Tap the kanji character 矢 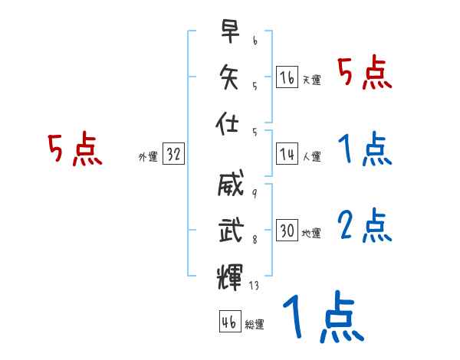pyautogui.click(x=229, y=77)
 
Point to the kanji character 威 pyautogui.click(x=229, y=185)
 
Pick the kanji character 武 pyautogui.click(x=229, y=229)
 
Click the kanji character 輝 pyautogui.click(x=229, y=274)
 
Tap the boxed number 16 pyautogui.click(x=287, y=77)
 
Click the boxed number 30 pyautogui.click(x=287, y=231)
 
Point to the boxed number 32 pyautogui.click(x=173, y=155)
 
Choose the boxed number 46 pyautogui.click(x=228, y=322)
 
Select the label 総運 pyautogui.click(x=254, y=325)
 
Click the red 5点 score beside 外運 pyautogui.click(x=74, y=150)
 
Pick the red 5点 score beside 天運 pyautogui.click(x=365, y=75)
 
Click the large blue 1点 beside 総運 pyautogui.click(x=321, y=319)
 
